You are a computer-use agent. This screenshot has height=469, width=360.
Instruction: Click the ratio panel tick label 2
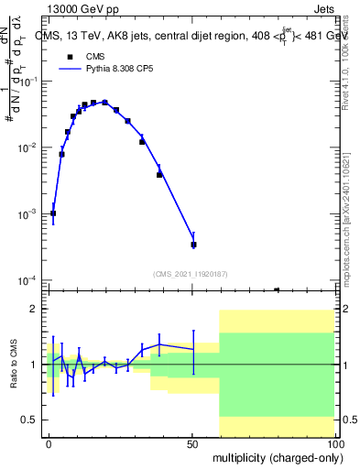[38, 309]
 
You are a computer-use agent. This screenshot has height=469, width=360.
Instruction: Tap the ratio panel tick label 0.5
[34, 420]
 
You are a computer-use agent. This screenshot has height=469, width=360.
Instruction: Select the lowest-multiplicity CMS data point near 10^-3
[53, 213]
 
